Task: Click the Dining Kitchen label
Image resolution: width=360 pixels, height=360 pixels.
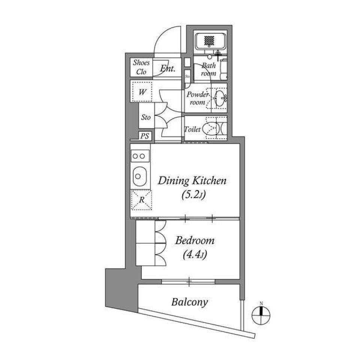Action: pyautogui.click(x=192, y=181)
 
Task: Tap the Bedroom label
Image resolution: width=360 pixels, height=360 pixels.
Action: pyautogui.click(x=195, y=240)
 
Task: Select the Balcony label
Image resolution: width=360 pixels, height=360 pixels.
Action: pyautogui.click(x=189, y=302)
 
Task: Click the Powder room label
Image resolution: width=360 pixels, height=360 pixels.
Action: pyautogui.click(x=196, y=99)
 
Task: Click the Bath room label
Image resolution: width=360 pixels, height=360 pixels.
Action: pyautogui.click(x=208, y=69)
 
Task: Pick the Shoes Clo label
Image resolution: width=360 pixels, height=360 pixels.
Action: pyautogui.click(x=141, y=67)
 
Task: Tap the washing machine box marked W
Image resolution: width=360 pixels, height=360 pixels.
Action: pyautogui.click(x=142, y=92)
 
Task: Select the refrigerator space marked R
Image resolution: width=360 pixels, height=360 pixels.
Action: pyautogui.click(x=142, y=200)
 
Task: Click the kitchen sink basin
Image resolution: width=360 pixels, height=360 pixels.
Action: pyautogui.click(x=139, y=176)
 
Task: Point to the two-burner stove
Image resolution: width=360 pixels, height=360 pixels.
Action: pyautogui.click(x=140, y=156)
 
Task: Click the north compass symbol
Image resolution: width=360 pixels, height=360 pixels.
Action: pyautogui.click(x=261, y=314)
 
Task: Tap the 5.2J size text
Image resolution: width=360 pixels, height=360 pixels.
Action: pyautogui.click(x=192, y=195)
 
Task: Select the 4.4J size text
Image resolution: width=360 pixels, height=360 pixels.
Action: pyautogui.click(x=195, y=255)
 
